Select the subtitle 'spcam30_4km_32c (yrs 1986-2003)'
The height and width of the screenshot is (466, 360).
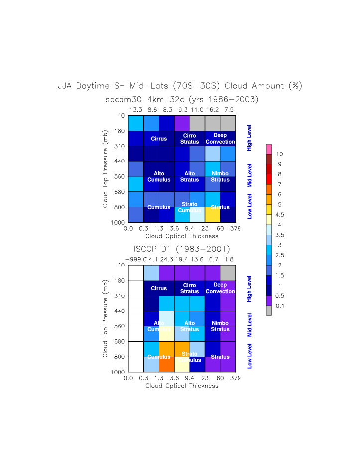pos(182,100)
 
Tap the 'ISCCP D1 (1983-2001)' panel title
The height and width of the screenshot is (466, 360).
pos(182,249)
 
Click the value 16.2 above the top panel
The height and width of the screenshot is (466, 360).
pos(213,109)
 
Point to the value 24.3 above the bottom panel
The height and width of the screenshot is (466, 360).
pos(167,259)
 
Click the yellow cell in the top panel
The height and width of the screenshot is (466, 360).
pos(212,214)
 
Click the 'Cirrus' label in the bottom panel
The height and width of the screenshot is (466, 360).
pos(159,288)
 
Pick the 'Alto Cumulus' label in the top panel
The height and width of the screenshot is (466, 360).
pos(159,176)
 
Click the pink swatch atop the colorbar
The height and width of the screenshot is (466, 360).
pos(269,149)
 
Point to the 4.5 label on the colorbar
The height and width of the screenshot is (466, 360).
pos(280,215)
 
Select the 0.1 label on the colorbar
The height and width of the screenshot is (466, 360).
pos(280,305)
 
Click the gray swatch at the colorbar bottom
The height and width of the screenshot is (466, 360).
pos(269,311)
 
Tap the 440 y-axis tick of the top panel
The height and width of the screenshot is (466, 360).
pos(118,161)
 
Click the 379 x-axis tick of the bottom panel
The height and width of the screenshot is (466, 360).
pos(236,378)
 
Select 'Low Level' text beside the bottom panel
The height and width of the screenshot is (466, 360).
pos(250,356)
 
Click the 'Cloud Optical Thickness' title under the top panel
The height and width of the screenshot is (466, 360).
pos(182,236)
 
